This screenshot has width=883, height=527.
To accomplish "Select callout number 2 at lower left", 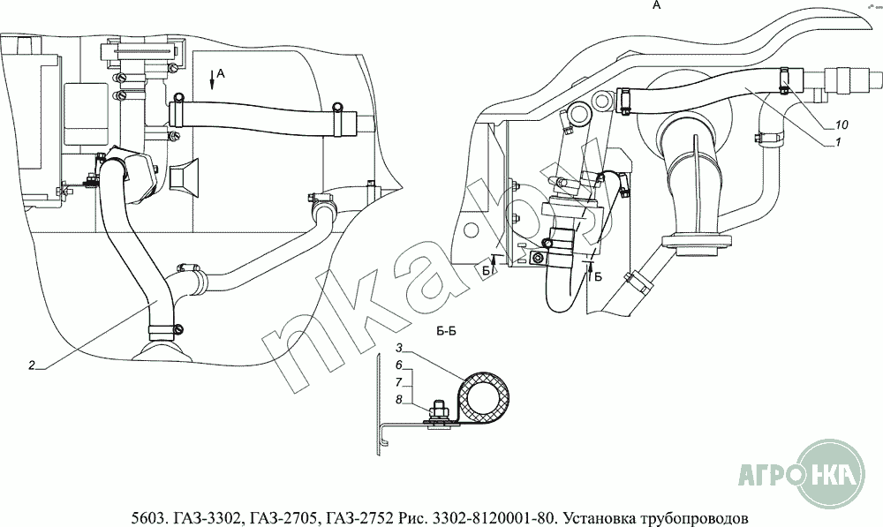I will point(31,365).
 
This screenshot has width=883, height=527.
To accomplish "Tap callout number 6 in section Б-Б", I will point(399,365).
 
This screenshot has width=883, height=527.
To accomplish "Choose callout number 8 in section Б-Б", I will point(399,399).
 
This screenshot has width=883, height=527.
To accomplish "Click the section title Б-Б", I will point(446,332).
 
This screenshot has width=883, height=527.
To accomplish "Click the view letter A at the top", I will point(655,5).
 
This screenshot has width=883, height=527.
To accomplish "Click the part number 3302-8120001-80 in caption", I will point(484,516).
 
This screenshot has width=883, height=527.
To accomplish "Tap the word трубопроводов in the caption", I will point(694,516).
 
